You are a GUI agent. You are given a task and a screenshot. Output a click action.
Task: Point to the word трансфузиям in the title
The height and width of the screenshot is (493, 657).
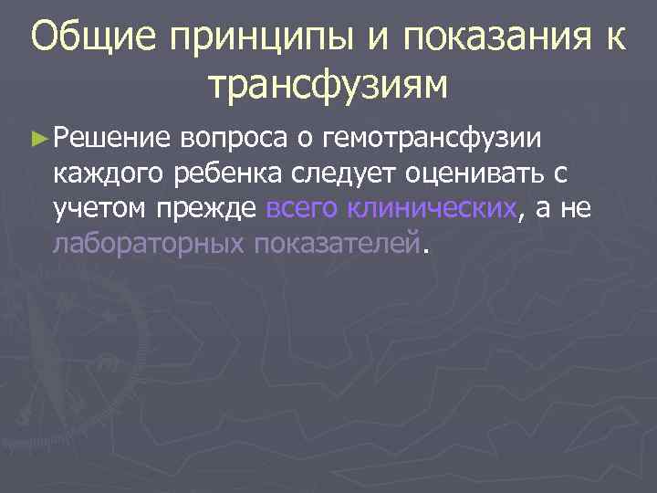(328, 86)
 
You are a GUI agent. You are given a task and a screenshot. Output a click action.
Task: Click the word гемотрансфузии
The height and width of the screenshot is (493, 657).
(429, 139)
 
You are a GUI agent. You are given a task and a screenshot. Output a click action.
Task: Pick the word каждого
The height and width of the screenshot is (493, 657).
(106, 175)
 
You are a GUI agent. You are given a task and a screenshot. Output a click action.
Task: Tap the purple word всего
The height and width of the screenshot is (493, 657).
(302, 210)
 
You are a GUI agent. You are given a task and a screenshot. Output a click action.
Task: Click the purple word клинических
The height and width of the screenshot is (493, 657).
(433, 210)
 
